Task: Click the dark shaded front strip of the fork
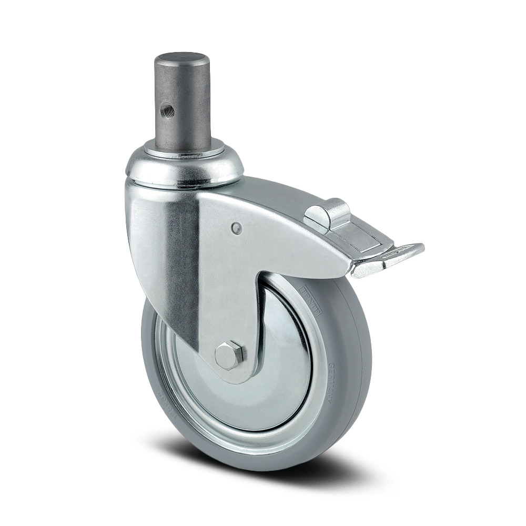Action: click(x=181, y=268)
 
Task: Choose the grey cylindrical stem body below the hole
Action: click(x=184, y=126)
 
